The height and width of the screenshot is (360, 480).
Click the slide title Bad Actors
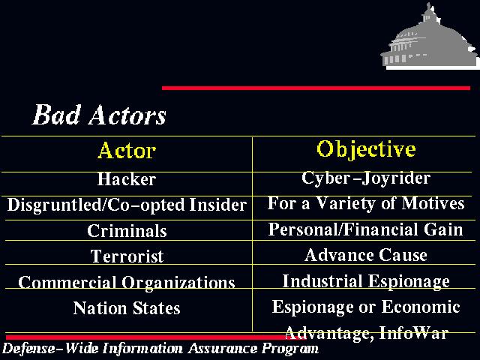point(99,115)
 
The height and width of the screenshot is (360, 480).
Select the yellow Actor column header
point(127,150)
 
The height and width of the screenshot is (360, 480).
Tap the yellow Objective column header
point(366,150)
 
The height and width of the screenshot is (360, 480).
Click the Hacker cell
point(127,179)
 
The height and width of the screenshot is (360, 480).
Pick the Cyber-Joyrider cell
point(366,178)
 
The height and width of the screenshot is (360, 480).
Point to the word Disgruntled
point(54,205)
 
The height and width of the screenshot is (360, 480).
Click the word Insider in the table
point(218,205)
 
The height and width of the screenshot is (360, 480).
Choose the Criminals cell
point(127,230)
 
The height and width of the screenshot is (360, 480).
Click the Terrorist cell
point(127,256)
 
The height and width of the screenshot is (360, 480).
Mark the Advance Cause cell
point(366,255)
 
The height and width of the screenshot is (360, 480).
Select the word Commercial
point(67,282)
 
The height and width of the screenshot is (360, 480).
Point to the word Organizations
point(178,282)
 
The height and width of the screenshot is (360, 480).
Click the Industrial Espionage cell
point(366,281)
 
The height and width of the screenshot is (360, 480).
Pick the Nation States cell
point(127,308)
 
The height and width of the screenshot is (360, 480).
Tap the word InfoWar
point(414,332)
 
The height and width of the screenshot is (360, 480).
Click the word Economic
point(421,307)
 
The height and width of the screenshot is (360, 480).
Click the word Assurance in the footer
point(223,348)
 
